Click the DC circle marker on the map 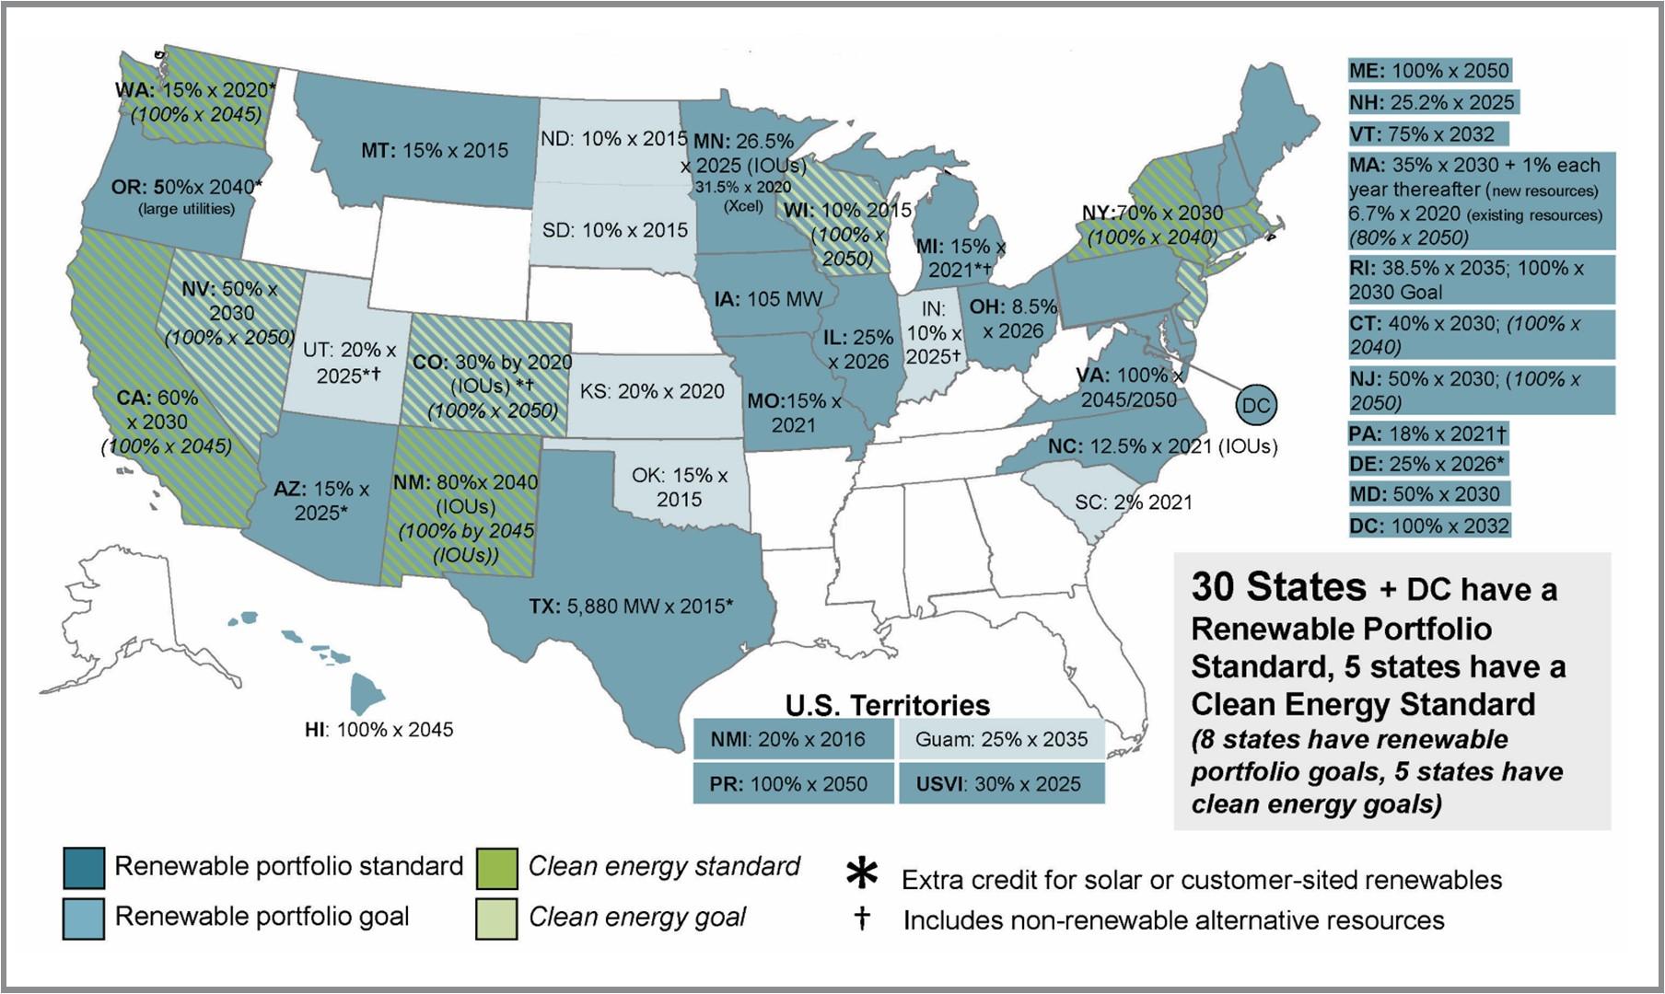click(x=1255, y=405)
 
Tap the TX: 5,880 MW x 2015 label click(x=631, y=607)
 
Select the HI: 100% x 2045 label click(x=378, y=730)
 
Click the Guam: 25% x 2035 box click(x=1001, y=739)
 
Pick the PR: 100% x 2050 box click(x=793, y=784)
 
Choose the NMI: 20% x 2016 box click(x=793, y=739)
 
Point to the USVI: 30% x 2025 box click(x=1001, y=784)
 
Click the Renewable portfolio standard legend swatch click(x=84, y=868)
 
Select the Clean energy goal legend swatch click(x=496, y=918)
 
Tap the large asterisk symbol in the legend click(x=861, y=875)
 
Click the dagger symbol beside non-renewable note click(x=862, y=919)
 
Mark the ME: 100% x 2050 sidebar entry click(x=1429, y=71)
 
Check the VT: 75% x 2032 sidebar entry click(x=1427, y=134)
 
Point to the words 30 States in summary click(x=1278, y=586)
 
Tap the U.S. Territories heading click(x=887, y=705)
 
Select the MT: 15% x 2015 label click(x=434, y=150)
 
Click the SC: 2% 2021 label click(x=1133, y=503)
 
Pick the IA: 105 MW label click(x=767, y=299)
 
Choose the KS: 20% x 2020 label click(x=652, y=391)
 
